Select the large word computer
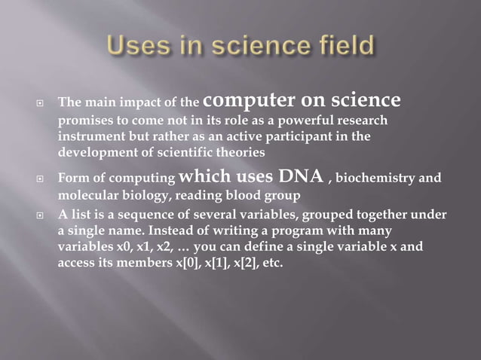click(245, 100)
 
